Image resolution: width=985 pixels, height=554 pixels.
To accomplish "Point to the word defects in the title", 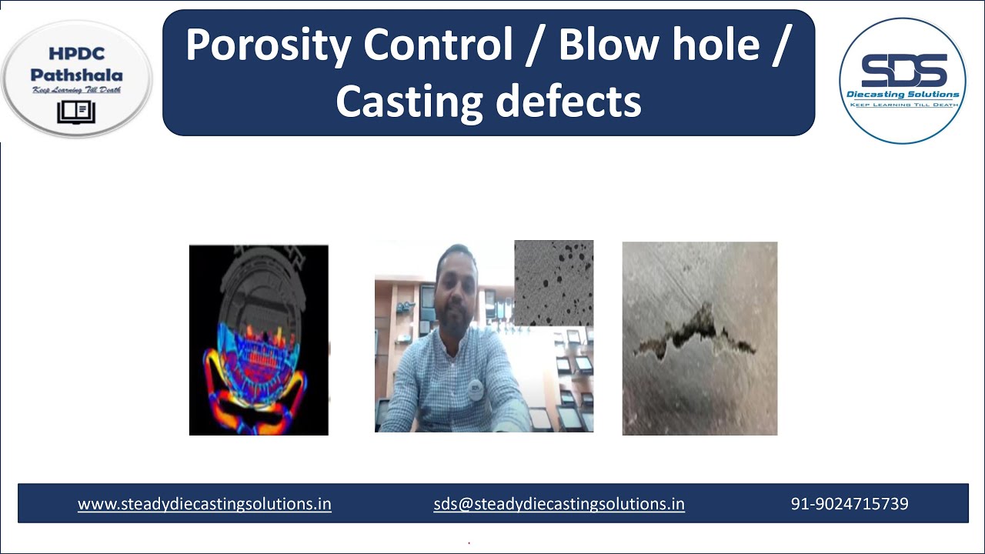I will (582, 101).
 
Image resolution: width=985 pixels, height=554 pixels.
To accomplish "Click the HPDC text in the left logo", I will (77, 54).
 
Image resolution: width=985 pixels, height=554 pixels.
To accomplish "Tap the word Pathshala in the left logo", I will (77, 75).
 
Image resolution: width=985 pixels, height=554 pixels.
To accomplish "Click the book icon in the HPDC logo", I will (76, 112).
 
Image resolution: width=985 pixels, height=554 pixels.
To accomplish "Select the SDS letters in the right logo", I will (903, 71).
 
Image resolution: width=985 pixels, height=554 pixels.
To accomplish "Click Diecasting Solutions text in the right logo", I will (903, 95).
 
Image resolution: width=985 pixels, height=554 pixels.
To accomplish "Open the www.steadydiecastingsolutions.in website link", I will (205, 504).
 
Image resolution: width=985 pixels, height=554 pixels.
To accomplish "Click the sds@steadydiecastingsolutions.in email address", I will (559, 504).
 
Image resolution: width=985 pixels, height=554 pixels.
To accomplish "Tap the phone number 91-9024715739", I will (850, 504).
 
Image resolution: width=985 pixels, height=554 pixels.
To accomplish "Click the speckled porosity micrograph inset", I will (553, 282).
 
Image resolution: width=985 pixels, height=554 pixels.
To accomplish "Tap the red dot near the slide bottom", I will (469, 542).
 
